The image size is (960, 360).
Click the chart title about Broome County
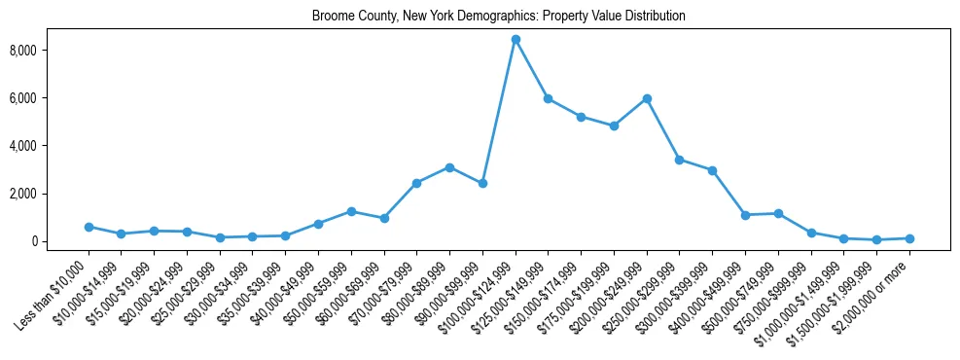click(499, 17)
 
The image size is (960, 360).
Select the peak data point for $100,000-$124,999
click(516, 39)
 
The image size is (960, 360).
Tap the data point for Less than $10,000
click(89, 227)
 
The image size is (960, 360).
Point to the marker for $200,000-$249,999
click(647, 98)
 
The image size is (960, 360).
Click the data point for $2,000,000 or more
click(909, 238)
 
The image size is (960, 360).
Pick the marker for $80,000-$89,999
click(449, 167)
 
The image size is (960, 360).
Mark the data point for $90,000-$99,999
click(482, 183)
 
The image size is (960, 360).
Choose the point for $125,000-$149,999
click(549, 98)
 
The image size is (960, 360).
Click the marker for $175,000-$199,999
click(614, 126)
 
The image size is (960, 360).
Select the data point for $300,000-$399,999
click(713, 170)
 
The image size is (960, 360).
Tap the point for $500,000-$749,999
click(778, 213)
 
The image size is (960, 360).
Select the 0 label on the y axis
click(32, 241)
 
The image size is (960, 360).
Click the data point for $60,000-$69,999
click(384, 218)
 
